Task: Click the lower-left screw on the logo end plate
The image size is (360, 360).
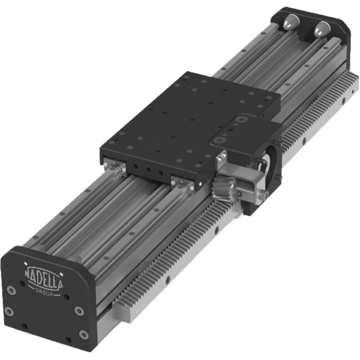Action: (x=10, y=311)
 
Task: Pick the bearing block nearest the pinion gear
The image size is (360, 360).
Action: (x=182, y=180)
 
